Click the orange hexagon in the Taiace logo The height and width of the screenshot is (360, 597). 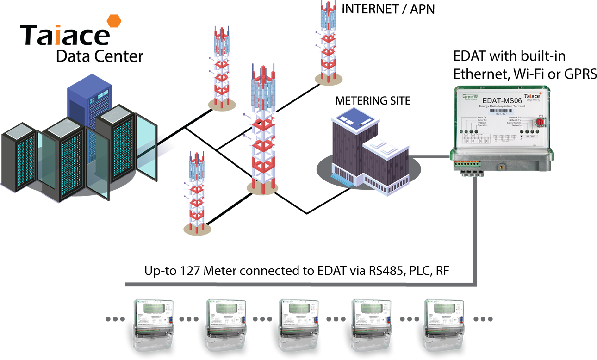pos(114,22)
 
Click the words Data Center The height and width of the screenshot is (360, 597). pos(99,56)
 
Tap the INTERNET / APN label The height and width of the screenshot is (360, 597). pos(388,9)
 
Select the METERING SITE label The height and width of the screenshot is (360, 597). pos(373,100)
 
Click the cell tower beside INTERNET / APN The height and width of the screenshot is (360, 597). pos(327,42)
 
